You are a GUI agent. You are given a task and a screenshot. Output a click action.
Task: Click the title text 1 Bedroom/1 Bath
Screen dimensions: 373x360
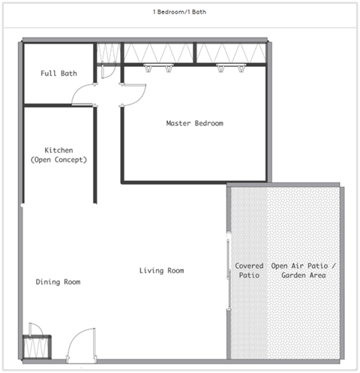[180, 13]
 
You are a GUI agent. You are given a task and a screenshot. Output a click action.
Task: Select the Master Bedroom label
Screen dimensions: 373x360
[194, 123]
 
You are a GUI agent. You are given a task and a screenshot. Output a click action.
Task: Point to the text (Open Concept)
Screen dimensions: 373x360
[58, 160]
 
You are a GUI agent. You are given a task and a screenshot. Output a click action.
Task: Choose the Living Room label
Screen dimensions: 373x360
[161, 270]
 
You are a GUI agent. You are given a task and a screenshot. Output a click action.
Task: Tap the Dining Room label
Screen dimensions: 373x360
[58, 281]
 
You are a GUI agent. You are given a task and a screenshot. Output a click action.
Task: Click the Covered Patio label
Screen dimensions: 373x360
[248, 270]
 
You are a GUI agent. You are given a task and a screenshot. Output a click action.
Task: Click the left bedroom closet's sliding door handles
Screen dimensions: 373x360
[159, 68]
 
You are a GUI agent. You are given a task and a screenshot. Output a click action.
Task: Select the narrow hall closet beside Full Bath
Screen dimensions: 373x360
[107, 54]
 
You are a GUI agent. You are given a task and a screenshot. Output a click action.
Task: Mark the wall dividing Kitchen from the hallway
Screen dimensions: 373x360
[95, 154]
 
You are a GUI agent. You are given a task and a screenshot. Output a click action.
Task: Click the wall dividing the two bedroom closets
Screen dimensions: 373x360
[195, 53]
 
